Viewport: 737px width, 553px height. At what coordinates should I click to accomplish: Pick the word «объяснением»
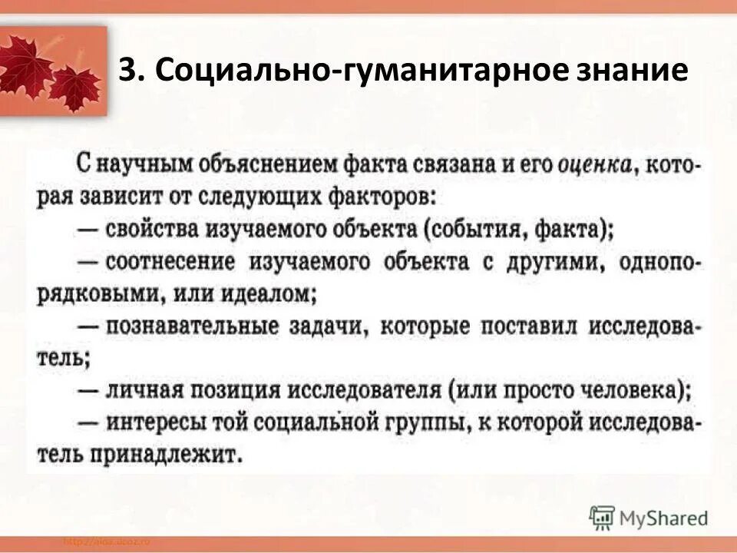[250, 164]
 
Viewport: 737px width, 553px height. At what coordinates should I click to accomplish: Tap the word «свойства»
[150, 229]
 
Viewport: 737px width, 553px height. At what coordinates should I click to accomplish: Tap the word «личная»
[143, 390]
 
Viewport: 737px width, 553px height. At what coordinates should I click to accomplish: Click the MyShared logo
[649, 518]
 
